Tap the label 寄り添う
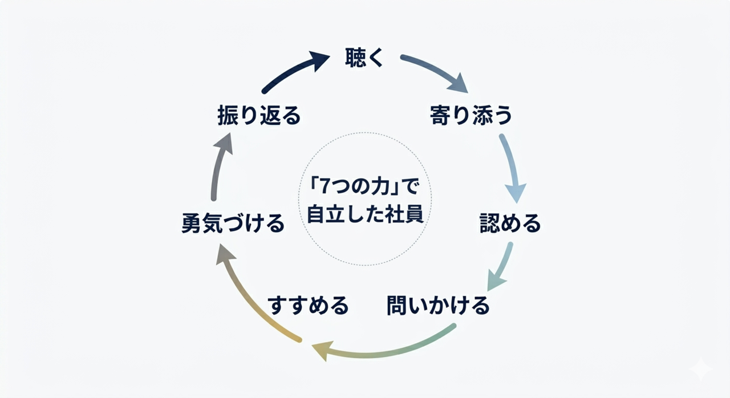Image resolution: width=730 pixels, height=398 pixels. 471,116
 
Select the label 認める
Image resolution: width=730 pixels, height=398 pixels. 510,223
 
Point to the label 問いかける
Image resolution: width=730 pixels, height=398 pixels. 438,306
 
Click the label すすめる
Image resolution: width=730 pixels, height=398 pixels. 308,306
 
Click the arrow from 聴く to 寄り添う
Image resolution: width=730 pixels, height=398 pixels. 436,71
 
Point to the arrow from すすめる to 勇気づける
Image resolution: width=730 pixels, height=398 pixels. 251,297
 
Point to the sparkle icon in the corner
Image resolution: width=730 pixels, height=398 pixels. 700,369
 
